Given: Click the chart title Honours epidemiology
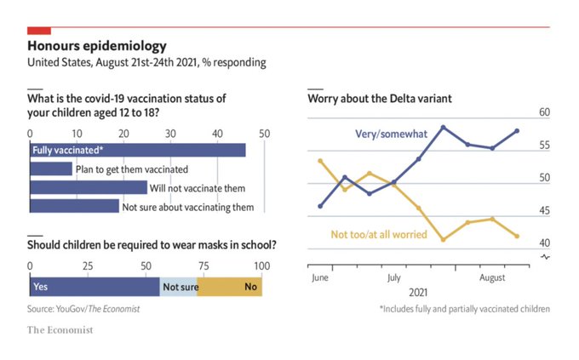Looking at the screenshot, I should [x=97, y=45].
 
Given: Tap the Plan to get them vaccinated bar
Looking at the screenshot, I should [x=51, y=169].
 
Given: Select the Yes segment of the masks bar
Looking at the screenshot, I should [x=95, y=287].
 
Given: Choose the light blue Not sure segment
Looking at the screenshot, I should [x=179, y=287].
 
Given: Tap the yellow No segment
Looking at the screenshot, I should [x=230, y=287].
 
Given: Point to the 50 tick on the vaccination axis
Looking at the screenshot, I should [x=264, y=134].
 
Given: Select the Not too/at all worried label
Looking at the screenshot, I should [x=378, y=234].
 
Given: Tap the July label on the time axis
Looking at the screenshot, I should [x=393, y=277].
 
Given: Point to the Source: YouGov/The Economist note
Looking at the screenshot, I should [x=83, y=308].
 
